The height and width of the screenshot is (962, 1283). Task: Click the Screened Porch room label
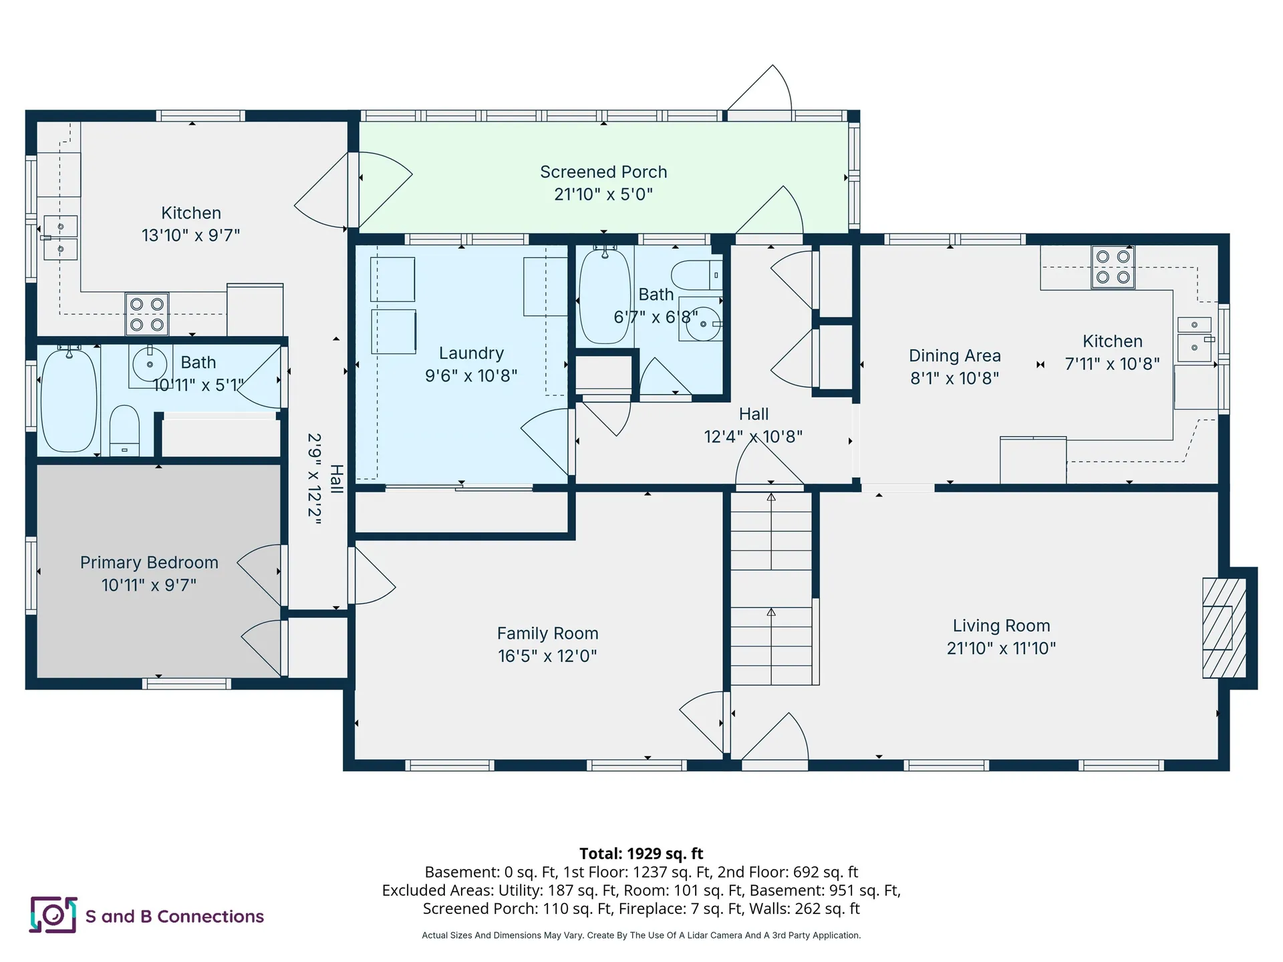click(603, 172)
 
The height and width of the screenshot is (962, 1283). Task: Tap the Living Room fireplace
click(1224, 628)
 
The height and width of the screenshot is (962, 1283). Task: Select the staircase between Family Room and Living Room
click(772, 588)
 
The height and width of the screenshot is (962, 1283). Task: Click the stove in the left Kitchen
click(147, 314)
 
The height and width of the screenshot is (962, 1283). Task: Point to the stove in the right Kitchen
click(1113, 267)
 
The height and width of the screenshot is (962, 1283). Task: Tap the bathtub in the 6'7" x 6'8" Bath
click(605, 296)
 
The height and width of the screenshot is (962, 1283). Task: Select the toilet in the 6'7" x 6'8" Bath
click(696, 275)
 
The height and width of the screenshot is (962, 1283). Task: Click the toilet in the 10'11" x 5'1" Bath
click(124, 430)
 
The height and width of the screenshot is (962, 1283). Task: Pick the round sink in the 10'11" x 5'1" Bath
click(150, 364)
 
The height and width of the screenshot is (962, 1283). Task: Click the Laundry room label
click(471, 353)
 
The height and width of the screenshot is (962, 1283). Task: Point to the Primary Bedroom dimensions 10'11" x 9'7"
click(149, 585)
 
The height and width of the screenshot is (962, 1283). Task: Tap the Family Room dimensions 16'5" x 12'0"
click(547, 656)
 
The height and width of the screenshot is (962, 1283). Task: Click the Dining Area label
click(955, 355)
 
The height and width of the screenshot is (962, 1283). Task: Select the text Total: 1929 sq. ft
click(641, 853)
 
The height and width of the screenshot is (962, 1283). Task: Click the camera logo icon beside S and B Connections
click(53, 915)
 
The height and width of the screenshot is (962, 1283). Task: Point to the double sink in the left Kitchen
click(60, 237)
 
